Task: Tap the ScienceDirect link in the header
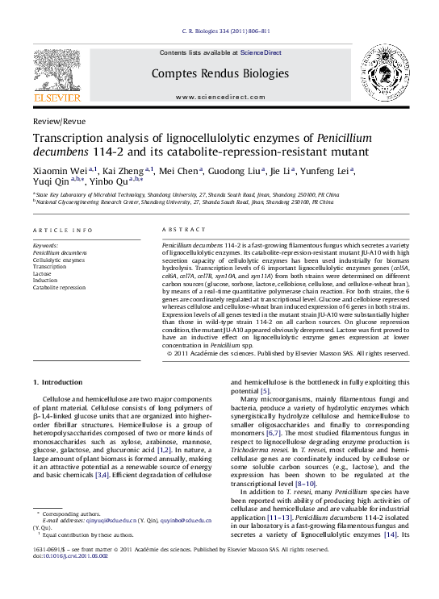[261, 52]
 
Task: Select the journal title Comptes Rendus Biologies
[219, 73]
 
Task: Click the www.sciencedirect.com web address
[219, 97]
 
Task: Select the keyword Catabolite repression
[59, 287]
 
